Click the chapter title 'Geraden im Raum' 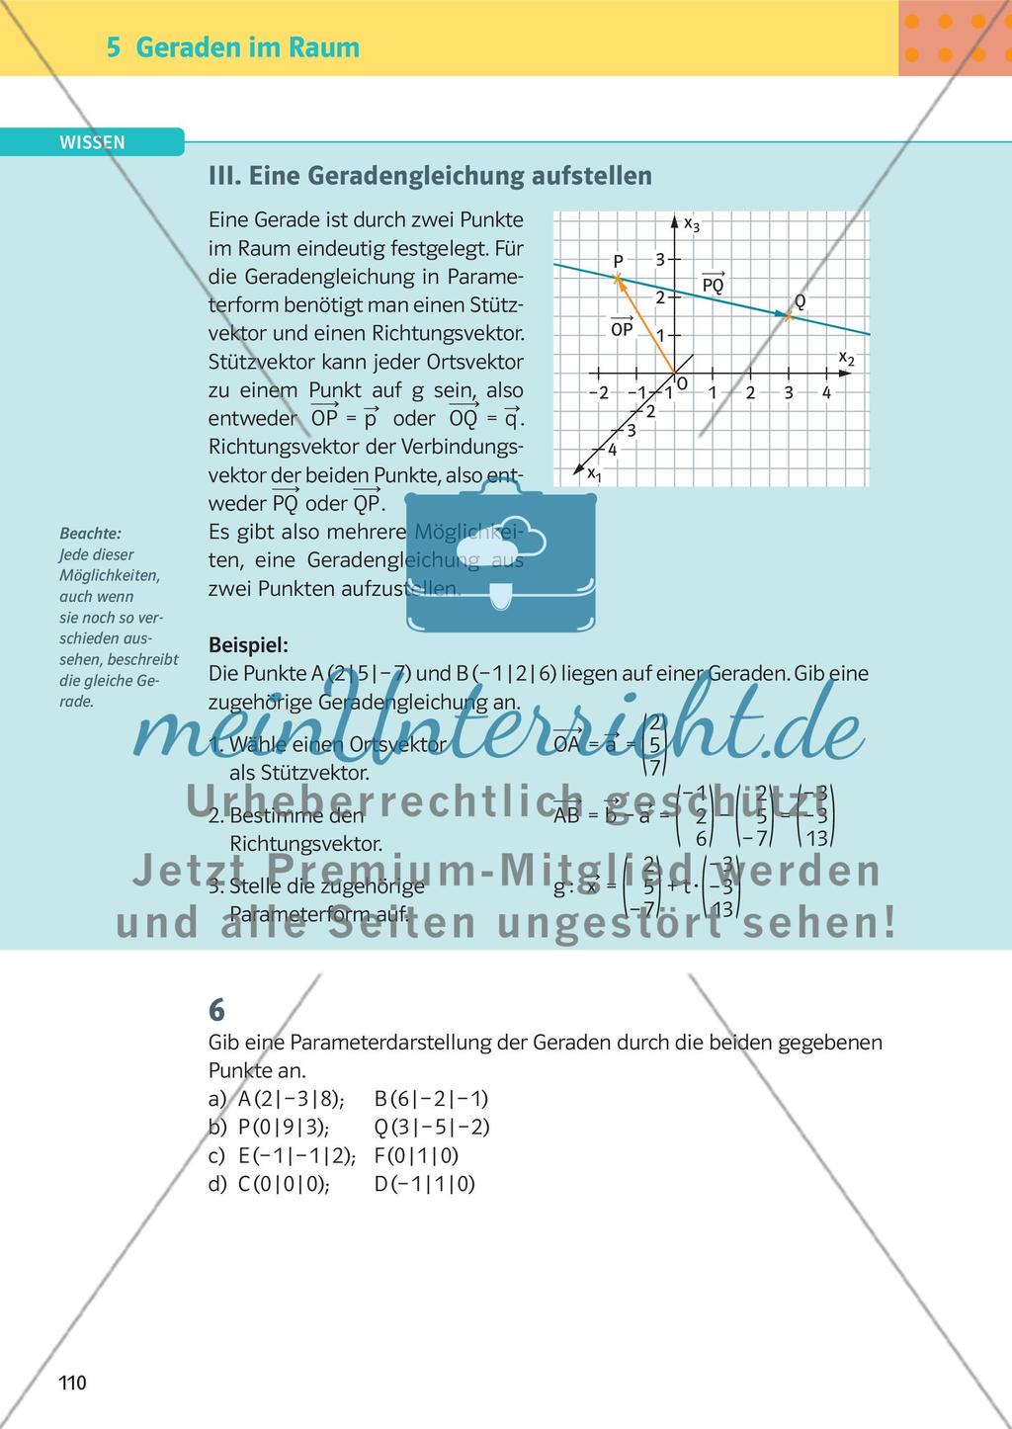pyautogui.click(x=247, y=47)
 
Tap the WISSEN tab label pyautogui.click(x=92, y=142)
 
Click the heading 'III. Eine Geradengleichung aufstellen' pyautogui.click(x=430, y=176)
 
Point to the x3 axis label pyautogui.click(x=691, y=223)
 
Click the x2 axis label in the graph pyautogui.click(x=845, y=358)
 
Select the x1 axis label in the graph pyautogui.click(x=594, y=474)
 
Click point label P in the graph pyautogui.click(x=618, y=261)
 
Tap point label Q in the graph pyautogui.click(x=799, y=301)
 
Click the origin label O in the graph pyautogui.click(x=682, y=383)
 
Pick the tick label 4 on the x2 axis pyautogui.click(x=826, y=392)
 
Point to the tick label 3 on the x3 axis pyautogui.click(x=660, y=260)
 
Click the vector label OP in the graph pyautogui.click(x=622, y=328)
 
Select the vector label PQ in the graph pyautogui.click(x=713, y=285)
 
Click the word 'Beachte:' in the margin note pyautogui.click(x=90, y=534)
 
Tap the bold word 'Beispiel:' pyautogui.click(x=248, y=645)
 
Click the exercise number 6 pyautogui.click(x=216, y=1010)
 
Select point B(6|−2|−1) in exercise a pyautogui.click(x=432, y=1099)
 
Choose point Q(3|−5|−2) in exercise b pyautogui.click(x=432, y=1128)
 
